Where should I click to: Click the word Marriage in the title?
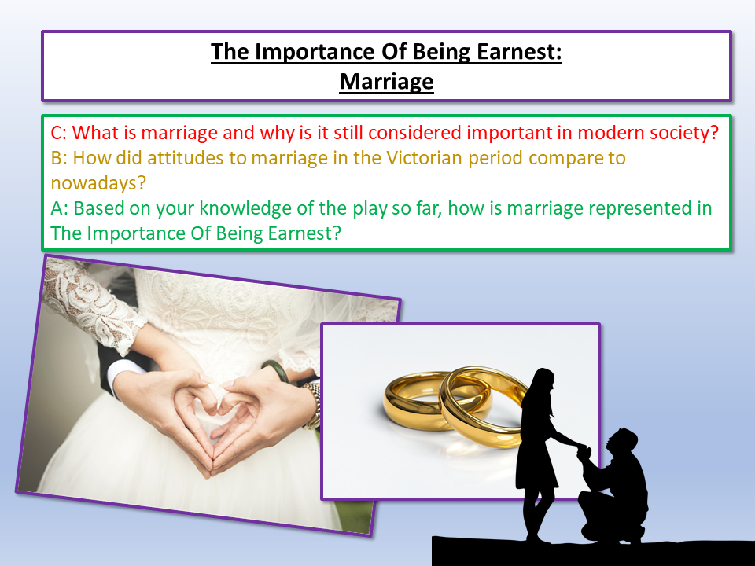tap(386, 81)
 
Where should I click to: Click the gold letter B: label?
tap(59, 158)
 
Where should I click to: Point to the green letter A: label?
tap(59, 208)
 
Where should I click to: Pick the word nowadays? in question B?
tap(98, 183)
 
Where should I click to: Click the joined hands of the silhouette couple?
tap(584, 451)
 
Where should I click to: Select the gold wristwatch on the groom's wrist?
tap(313, 404)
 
